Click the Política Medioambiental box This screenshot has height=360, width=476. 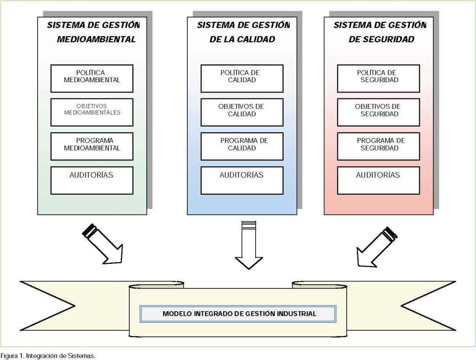(x=92, y=79)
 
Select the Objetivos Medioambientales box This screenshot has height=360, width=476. (x=92, y=112)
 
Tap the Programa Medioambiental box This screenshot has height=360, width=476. (x=92, y=146)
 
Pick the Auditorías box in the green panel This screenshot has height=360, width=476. (x=92, y=180)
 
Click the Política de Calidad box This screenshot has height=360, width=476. (x=242, y=79)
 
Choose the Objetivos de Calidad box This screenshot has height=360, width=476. (x=242, y=112)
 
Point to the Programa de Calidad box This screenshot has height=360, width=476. (x=242, y=146)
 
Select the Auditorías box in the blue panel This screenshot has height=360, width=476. (x=242, y=180)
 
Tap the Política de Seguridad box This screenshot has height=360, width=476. (x=378, y=79)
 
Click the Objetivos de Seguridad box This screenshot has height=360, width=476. (x=378, y=112)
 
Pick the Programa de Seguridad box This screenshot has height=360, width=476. (x=378, y=146)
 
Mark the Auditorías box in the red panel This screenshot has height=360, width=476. (x=378, y=180)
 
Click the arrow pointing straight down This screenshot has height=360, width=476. (x=249, y=246)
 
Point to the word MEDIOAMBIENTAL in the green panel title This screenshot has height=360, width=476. (x=96, y=39)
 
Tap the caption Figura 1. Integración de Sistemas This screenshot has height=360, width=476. (x=48, y=356)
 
